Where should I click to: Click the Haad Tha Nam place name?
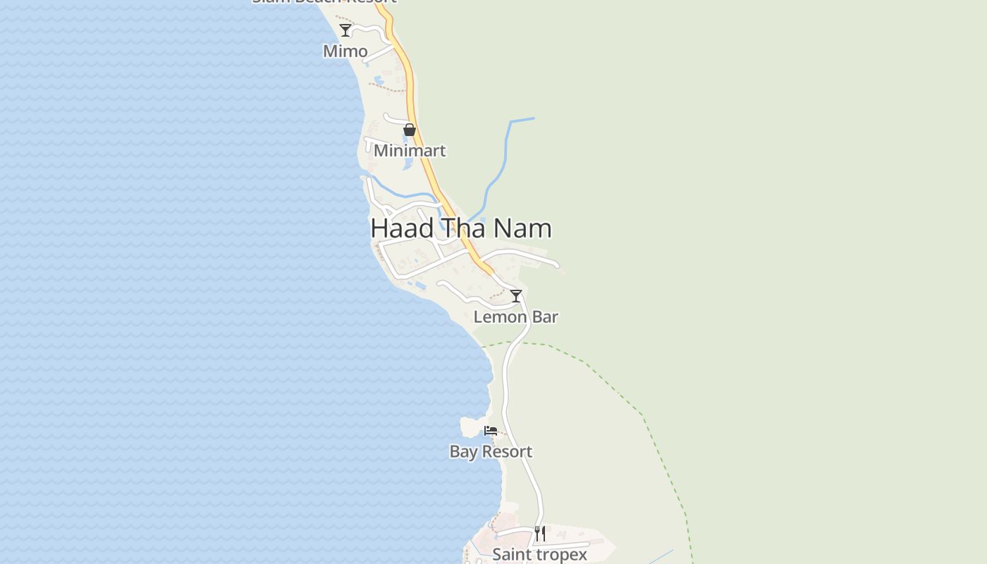(x=461, y=228)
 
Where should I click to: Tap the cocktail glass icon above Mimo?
(x=345, y=30)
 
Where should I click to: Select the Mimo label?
(x=345, y=51)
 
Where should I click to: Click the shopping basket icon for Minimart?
(x=410, y=130)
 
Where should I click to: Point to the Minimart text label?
(x=410, y=151)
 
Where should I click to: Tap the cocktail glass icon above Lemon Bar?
(x=516, y=296)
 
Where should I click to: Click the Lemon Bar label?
(x=516, y=317)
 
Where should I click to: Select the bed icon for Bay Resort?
(x=491, y=431)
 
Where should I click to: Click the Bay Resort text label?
(x=491, y=452)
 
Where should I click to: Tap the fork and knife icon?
(x=540, y=534)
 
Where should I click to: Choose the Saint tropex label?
(x=540, y=555)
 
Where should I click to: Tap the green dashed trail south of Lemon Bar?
(x=613, y=384)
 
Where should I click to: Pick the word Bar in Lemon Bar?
(x=545, y=317)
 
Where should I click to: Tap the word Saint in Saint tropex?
(x=510, y=555)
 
